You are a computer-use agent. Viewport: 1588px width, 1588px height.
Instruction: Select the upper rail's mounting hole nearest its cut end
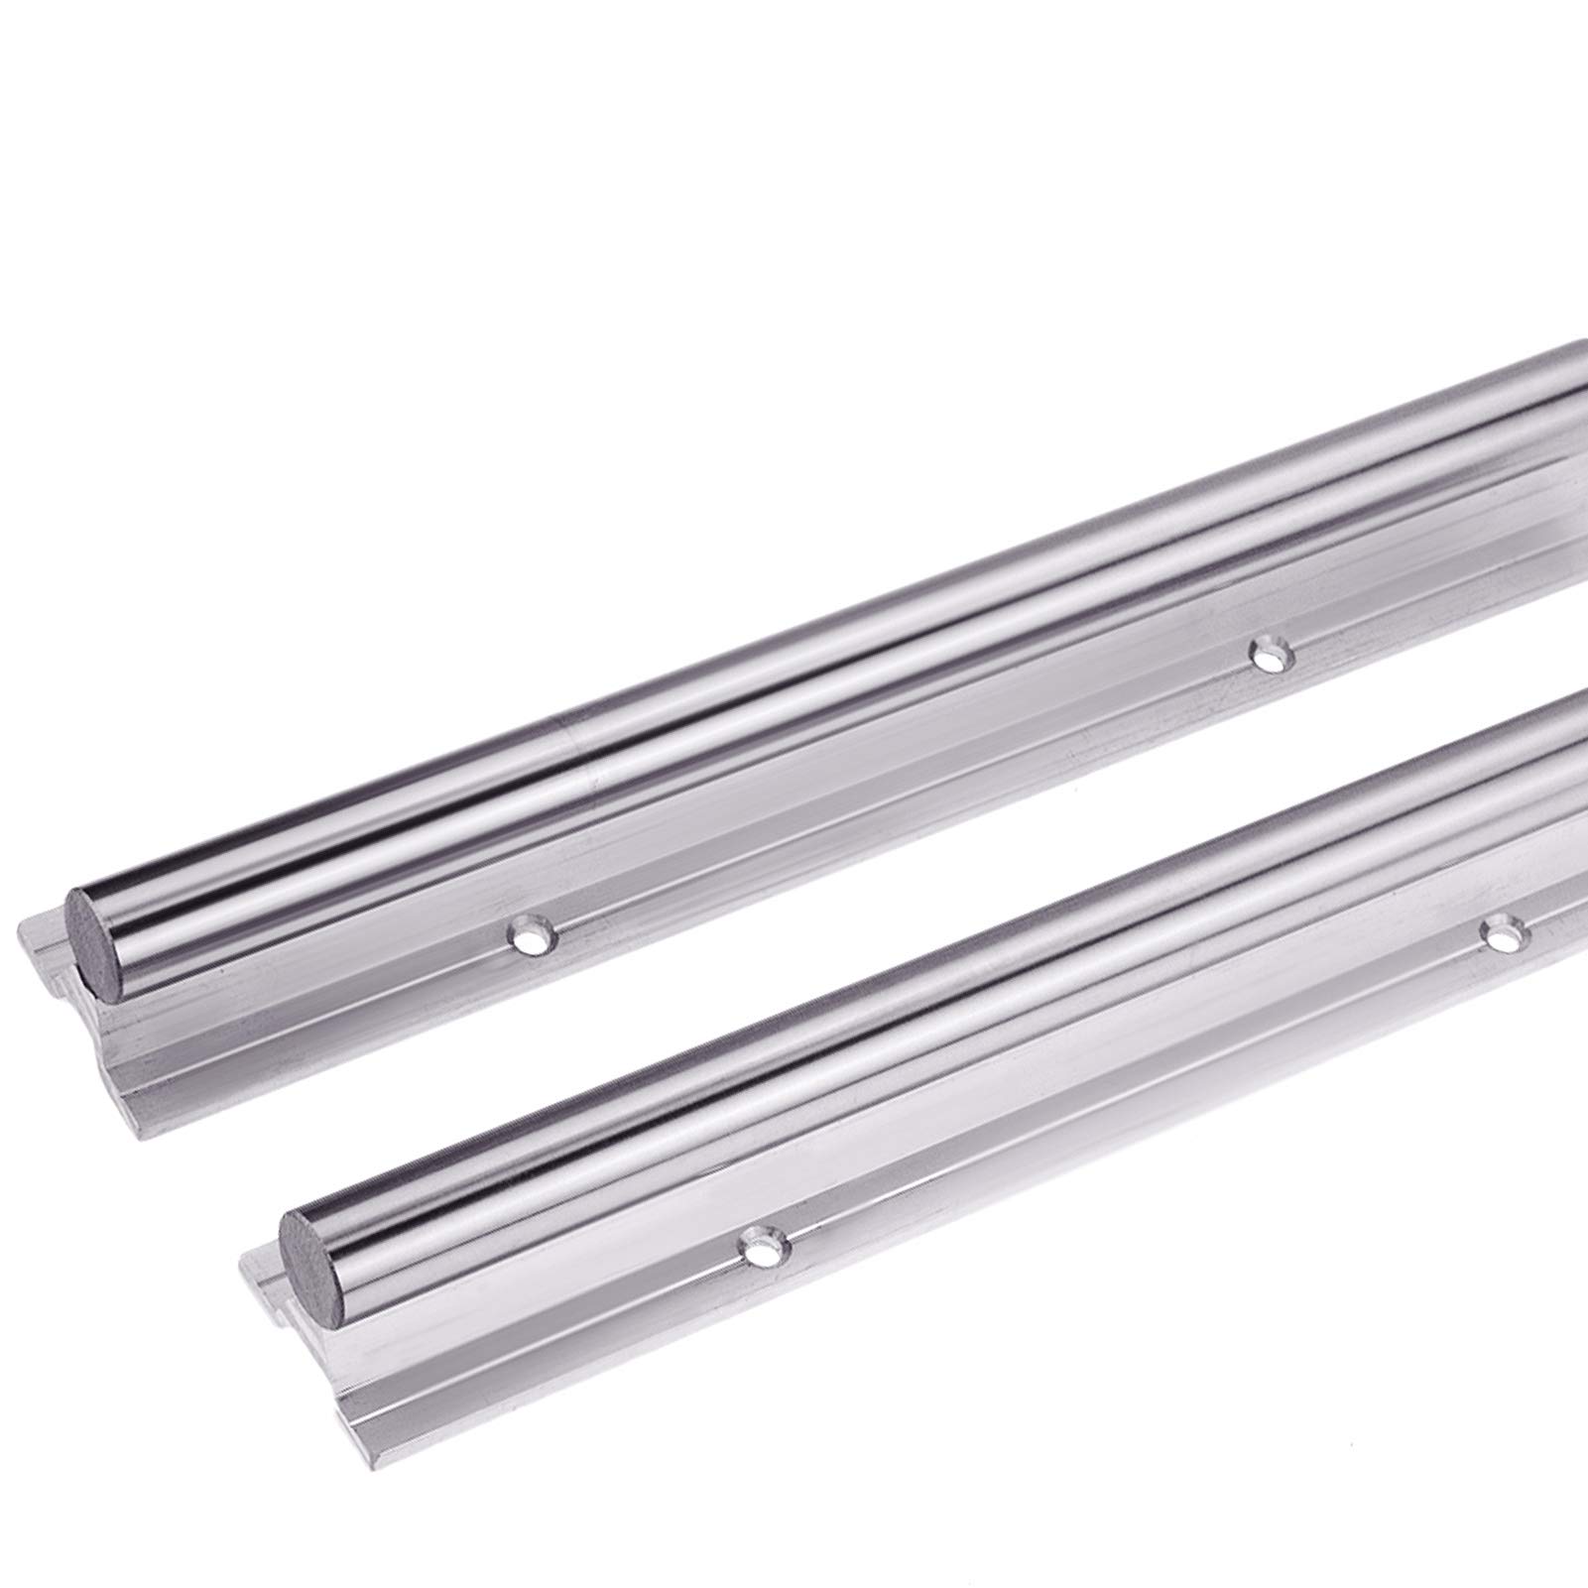(529, 933)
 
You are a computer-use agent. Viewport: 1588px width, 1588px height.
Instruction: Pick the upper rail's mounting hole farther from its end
(1268, 655)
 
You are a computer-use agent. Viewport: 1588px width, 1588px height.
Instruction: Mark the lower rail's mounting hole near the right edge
(1501, 931)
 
